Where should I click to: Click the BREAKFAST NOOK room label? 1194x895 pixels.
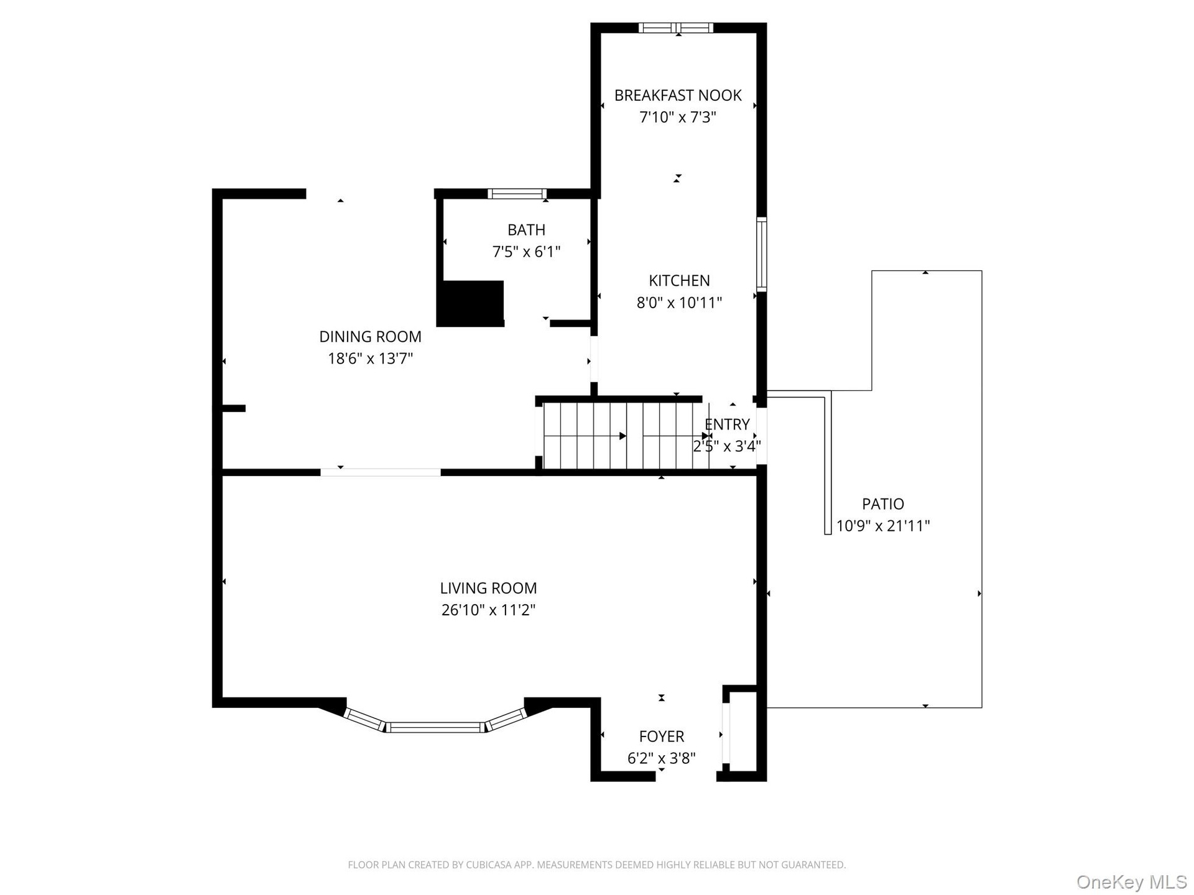click(678, 96)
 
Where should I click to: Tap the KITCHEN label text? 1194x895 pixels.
click(679, 281)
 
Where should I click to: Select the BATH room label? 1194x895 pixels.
click(526, 230)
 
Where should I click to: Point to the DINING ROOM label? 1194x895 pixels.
click(370, 337)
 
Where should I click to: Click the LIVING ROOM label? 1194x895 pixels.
click(488, 588)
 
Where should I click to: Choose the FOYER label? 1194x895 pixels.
click(662, 737)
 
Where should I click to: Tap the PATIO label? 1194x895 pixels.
click(883, 504)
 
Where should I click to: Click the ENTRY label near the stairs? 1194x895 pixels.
click(727, 425)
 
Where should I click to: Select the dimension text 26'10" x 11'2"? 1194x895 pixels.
click(488, 610)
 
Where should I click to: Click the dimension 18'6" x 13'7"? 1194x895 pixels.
click(370, 359)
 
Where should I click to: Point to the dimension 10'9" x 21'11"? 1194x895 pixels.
click(883, 526)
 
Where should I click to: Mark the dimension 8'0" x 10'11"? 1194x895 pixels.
click(679, 303)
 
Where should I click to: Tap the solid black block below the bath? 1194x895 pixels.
click(470, 303)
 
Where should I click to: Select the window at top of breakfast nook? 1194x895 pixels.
click(676, 27)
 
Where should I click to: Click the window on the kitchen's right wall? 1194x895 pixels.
click(761, 254)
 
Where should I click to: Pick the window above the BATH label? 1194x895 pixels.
click(517, 194)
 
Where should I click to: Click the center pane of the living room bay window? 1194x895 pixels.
click(435, 727)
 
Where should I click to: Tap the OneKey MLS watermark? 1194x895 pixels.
click(1132, 881)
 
